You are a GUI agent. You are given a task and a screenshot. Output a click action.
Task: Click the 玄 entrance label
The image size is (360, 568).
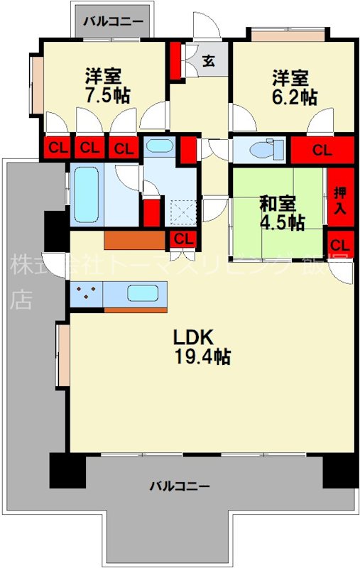pyautogui.click(x=209, y=60)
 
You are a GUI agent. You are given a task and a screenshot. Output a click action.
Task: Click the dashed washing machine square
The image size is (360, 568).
pyautogui.click(x=182, y=212)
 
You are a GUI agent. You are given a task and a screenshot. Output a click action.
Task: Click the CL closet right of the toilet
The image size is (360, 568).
pyautogui.click(x=322, y=150)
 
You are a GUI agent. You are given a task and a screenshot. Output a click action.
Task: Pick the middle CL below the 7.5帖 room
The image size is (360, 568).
pyautogui.click(x=89, y=148)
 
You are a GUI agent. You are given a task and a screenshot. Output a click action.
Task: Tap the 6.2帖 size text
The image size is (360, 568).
pyautogui.click(x=292, y=97)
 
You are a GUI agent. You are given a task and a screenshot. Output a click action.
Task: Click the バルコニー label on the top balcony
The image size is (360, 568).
pyautogui.click(x=113, y=21)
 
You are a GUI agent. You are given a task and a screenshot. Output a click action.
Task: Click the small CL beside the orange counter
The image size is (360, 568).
pyautogui.click(x=183, y=239)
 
